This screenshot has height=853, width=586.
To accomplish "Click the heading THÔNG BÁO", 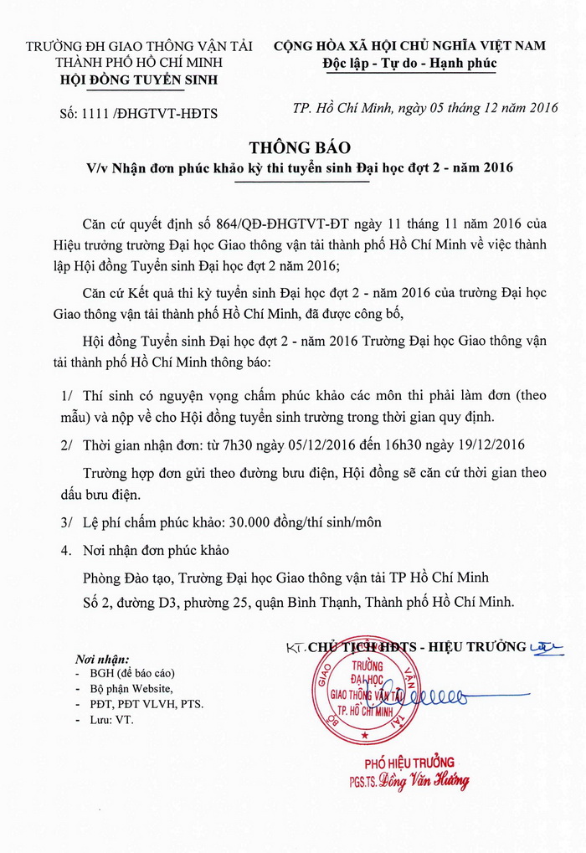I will (293, 148).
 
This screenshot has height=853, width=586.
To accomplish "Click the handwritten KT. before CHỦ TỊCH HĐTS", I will (294, 647).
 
